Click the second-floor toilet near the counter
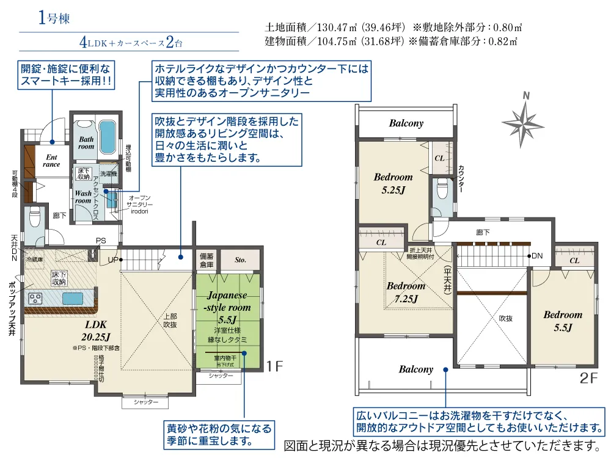pyautogui.click(x=442, y=192)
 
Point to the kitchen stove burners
pyautogui.click(x=36, y=299)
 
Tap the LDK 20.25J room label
pyautogui.click(x=96, y=330)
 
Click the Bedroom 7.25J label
pyautogui.click(x=405, y=292)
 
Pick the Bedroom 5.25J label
pyautogui.click(x=393, y=183)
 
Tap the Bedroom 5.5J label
pyautogui.click(x=562, y=321)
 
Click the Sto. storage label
pyautogui.click(x=240, y=260)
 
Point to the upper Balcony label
pyautogui.click(x=406, y=123)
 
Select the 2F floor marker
pyautogui.click(x=589, y=378)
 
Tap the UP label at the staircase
pyautogui.click(x=112, y=260)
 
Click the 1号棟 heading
pyautogui.click(x=54, y=18)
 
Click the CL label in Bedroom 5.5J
pyautogui.click(x=574, y=261)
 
